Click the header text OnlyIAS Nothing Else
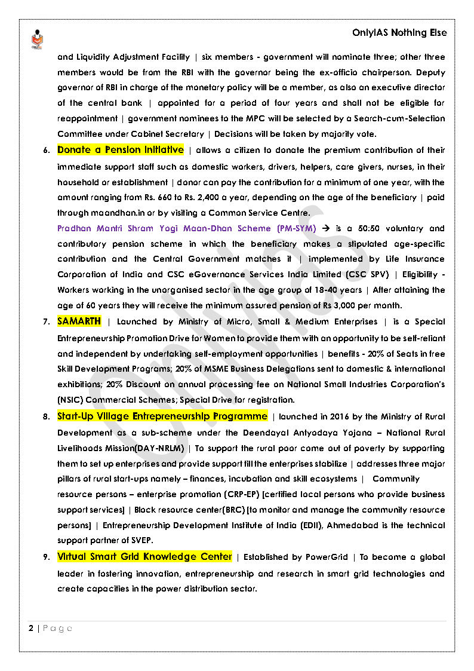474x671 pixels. click(x=399, y=33)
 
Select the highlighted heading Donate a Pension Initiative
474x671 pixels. click(x=121, y=150)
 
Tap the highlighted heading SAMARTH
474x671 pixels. click(x=79, y=321)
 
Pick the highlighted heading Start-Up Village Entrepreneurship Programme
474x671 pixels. click(x=162, y=416)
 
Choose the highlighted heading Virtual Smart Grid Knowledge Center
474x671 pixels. click(x=144, y=557)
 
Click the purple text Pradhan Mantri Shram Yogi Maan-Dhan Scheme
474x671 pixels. click(x=177, y=228)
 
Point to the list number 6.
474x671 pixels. click(x=46, y=151)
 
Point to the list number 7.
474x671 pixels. click(x=46, y=322)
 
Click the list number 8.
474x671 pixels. click(x=46, y=416)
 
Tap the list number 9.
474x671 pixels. click(x=46, y=557)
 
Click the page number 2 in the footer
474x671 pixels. click(x=30, y=629)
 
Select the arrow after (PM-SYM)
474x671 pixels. click(x=326, y=228)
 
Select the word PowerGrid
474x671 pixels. click(x=327, y=557)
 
